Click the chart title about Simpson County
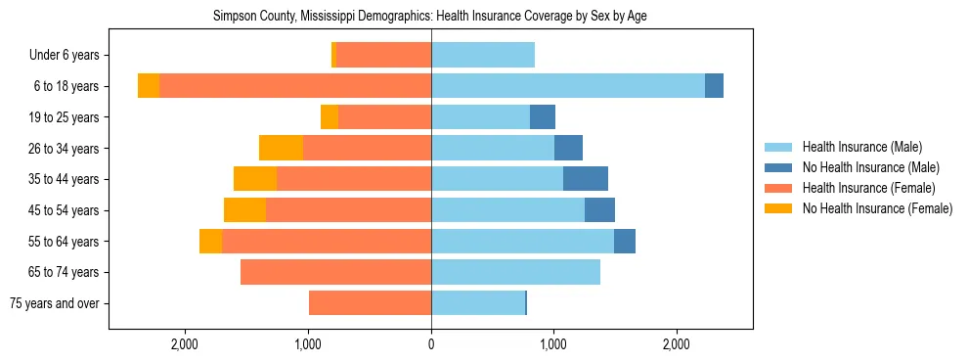(x=430, y=17)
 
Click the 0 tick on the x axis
(x=431, y=343)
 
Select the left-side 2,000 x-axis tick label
(x=185, y=343)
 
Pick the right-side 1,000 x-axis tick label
(x=553, y=343)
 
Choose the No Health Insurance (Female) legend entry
(x=877, y=208)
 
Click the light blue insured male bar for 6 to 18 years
(x=567, y=86)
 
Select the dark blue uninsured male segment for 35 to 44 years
(x=586, y=179)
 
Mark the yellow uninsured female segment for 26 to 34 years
(x=281, y=148)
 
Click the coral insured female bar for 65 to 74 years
(x=335, y=272)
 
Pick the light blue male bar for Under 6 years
(x=483, y=56)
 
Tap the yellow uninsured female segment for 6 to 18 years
(x=149, y=86)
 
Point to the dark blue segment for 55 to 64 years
(x=625, y=241)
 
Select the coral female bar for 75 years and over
(x=370, y=303)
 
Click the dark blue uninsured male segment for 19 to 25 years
(x=543, y=117)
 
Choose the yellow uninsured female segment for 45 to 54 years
(x=244, y=210)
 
